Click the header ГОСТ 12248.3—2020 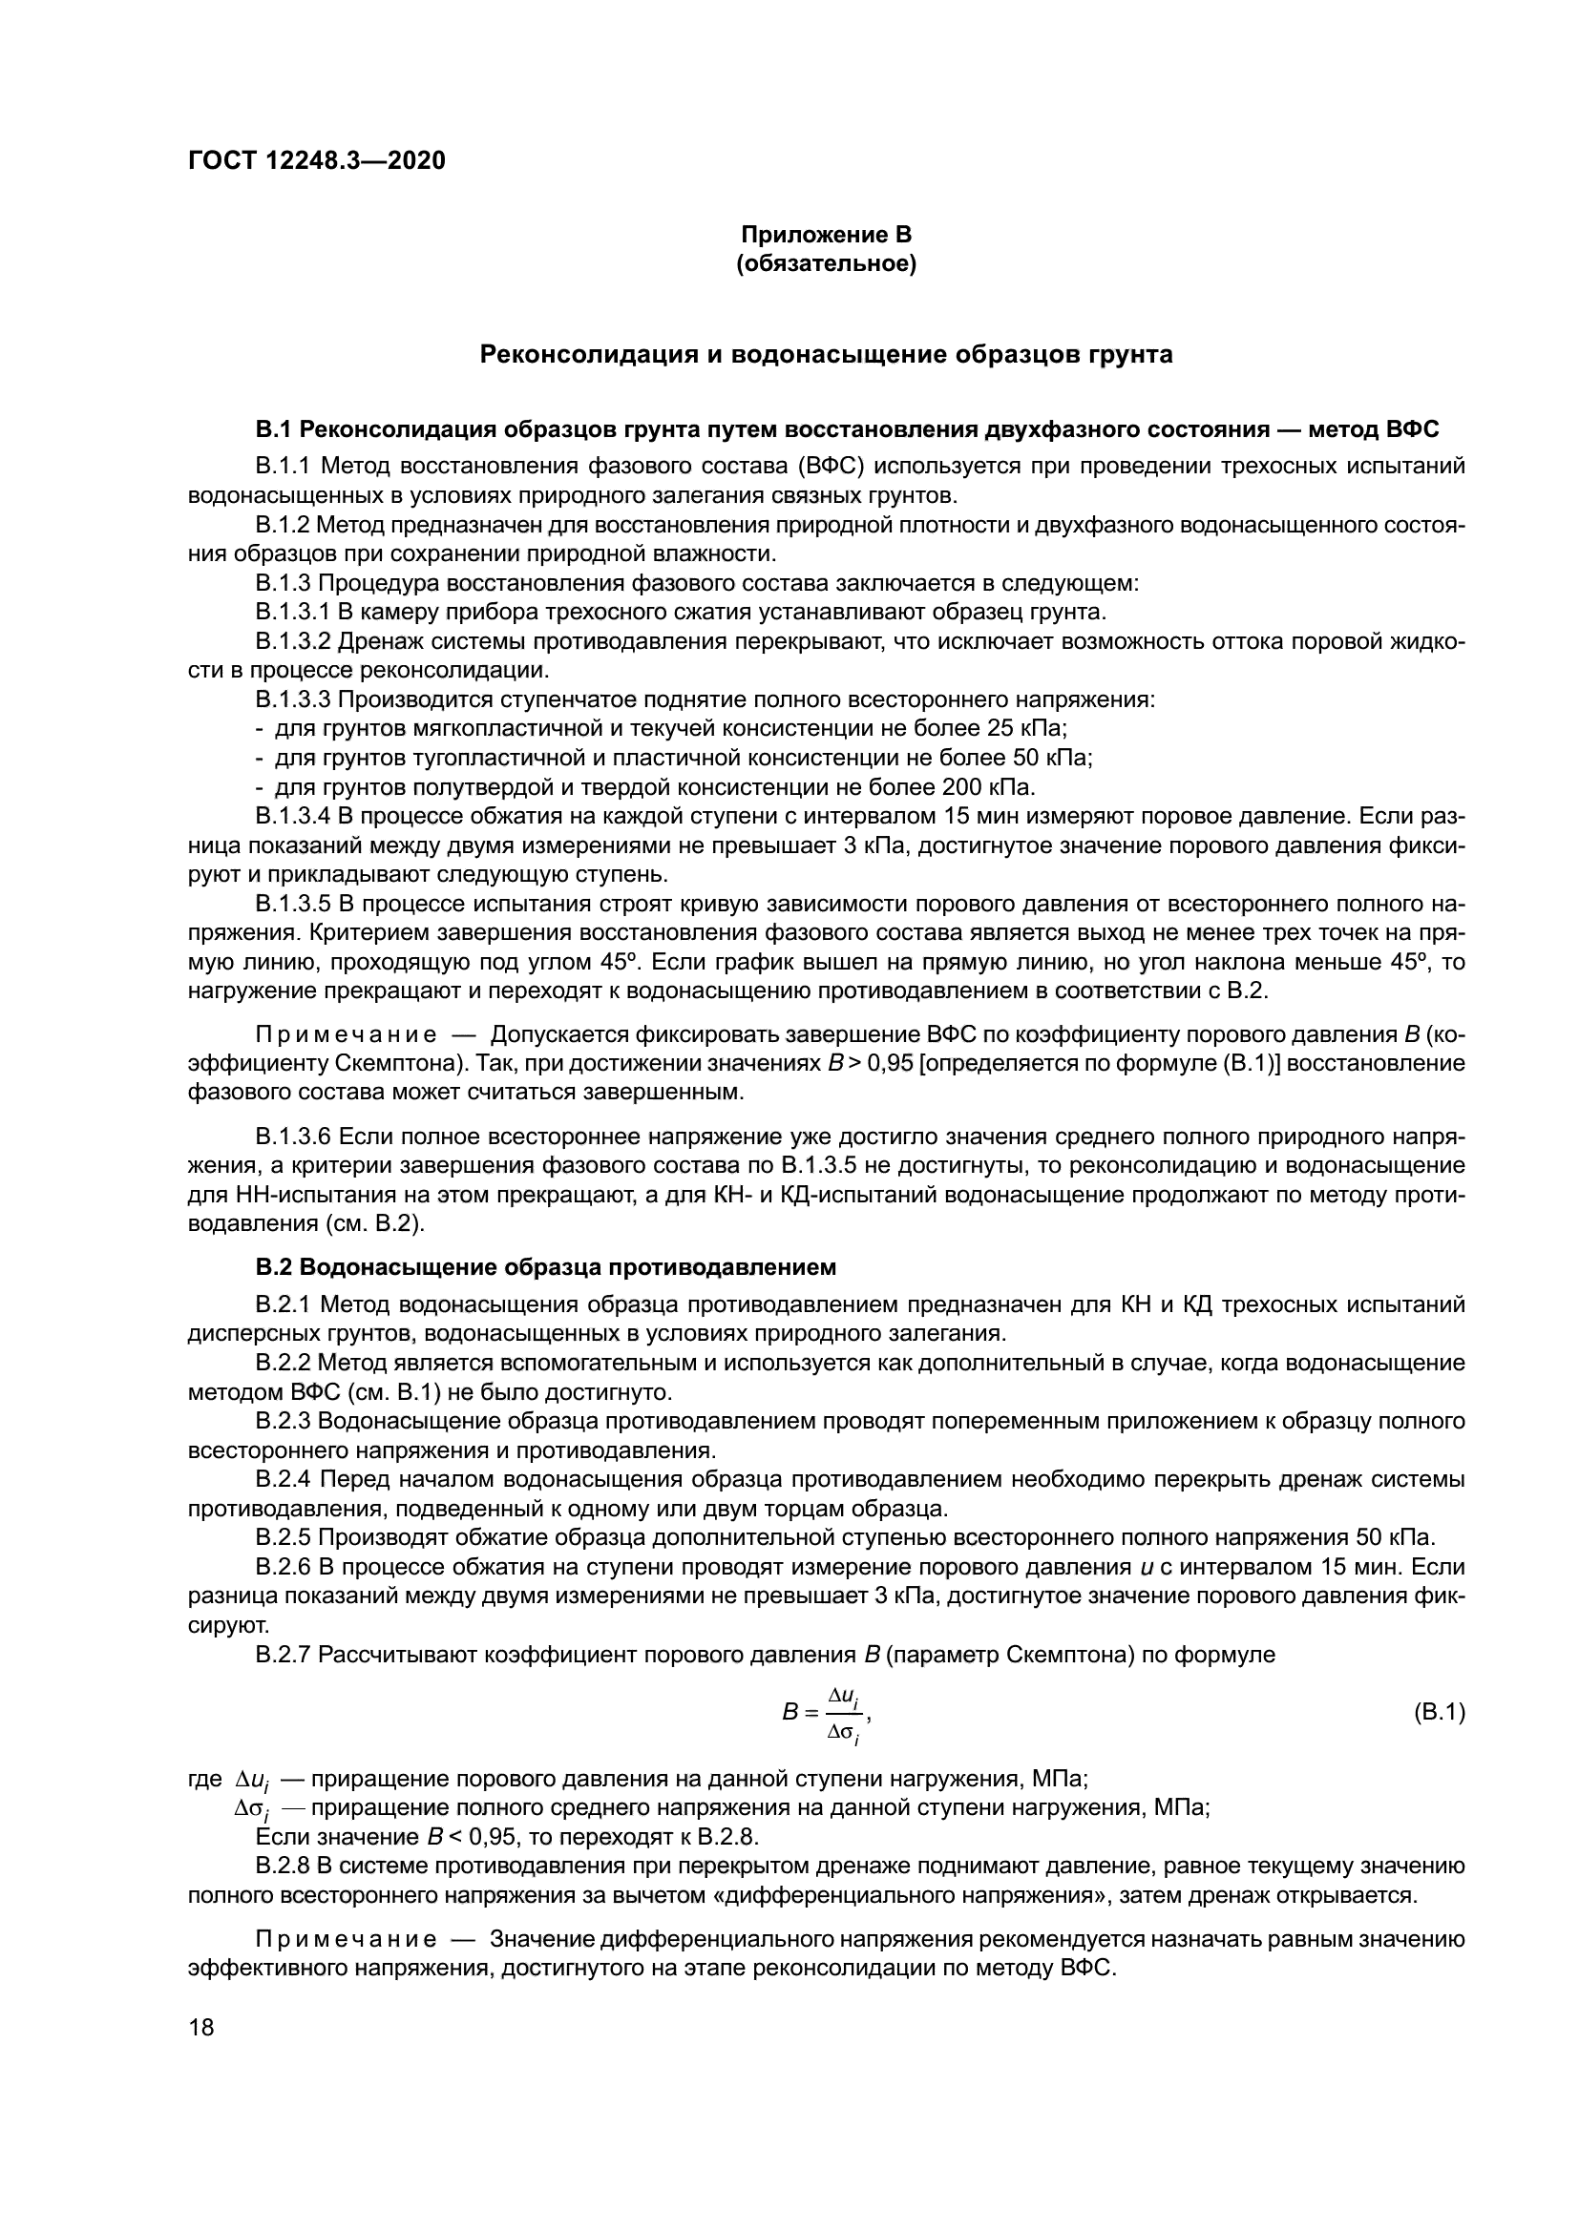point(316,161)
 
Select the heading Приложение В point(827,235)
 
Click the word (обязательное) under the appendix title point(827,263)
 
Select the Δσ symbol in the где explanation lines point(251,1809)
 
